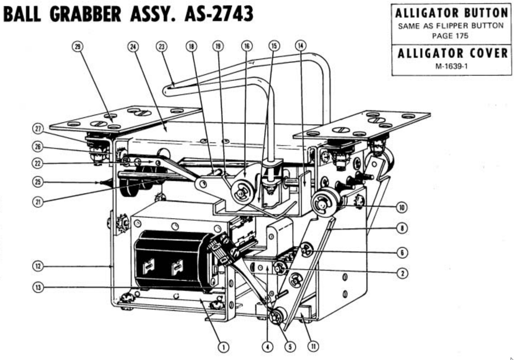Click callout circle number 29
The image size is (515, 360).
point(78,47)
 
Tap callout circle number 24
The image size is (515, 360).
point(133,47)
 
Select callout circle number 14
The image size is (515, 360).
point(301,46)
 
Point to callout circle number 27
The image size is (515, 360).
point(38,129)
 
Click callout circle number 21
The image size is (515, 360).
point(38,202)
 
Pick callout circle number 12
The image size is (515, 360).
point(38,266)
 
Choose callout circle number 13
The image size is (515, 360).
point(38,288)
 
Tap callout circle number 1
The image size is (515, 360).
point(223,347)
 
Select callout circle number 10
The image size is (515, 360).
point(402,208)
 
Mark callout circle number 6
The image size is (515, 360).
point(402,253)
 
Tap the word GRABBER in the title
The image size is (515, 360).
point(85,14)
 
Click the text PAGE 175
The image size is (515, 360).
point(450,36)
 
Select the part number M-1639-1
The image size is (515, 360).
point(451,66)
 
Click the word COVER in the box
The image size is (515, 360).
point(489,53)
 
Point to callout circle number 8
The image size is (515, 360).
point(402,228)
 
